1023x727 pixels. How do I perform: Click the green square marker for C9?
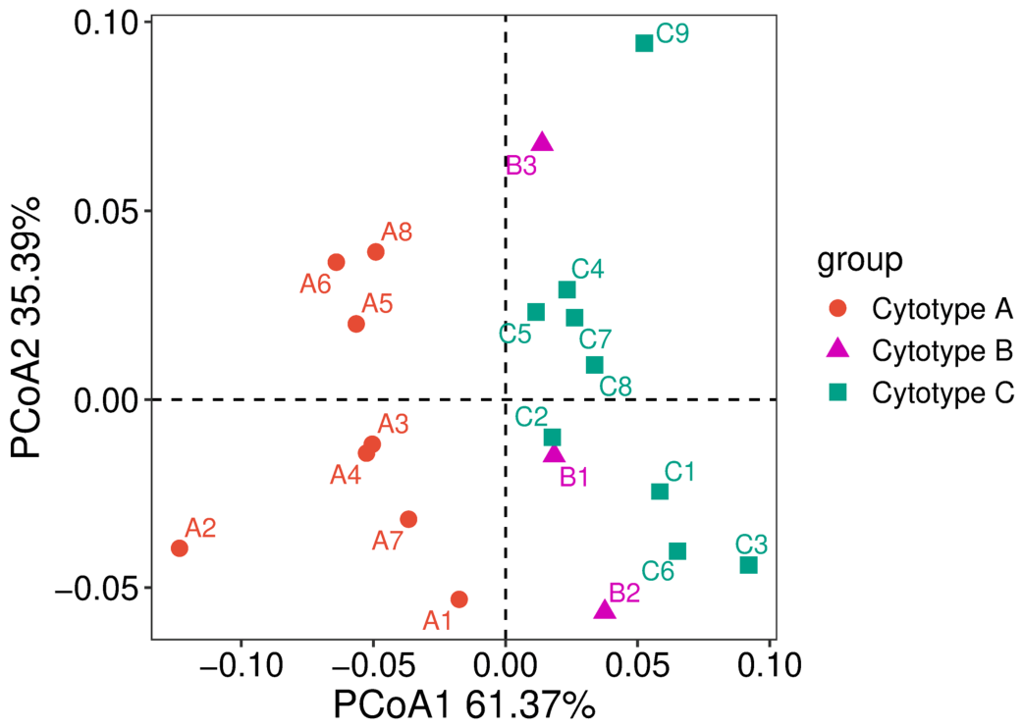pyautogui.click(x=644, y=43)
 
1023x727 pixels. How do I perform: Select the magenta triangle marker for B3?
pyautogui.click(x=542, y=141)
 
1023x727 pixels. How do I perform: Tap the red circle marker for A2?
pyautogui.click(x=180, y=548)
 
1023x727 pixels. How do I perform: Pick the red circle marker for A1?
pyautogui.click(x=459, y=599)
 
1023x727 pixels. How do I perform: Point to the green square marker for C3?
pyautogui.click(x=749, y=565)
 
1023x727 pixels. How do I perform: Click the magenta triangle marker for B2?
pyautogui.click(x=605, y=609)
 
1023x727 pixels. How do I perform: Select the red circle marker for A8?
pyautogui.click(x=376, y=252)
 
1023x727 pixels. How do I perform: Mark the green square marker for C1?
pyautogui.click(x=660, y=491)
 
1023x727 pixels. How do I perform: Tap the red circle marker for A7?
pyautogui.click(x=409, y=519)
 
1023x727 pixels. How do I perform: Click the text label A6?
pyautogui.click(x=316, y=285)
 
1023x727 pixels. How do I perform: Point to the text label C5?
pyautogui.click(x=515, y=335)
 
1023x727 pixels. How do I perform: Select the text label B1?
pyautogui.click(x=574, y=478)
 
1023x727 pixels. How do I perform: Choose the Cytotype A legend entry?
pyautogui.click(x=920, y=309)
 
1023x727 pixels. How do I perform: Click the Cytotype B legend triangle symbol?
pyautogui.click(x=837, y=349)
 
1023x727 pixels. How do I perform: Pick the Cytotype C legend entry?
pyautogui.click(x=921, y=393)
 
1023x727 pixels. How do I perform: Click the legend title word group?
pyautogui.click(x=860, y=261)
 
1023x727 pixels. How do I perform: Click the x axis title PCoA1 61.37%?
pyautogui.click(x=464, y=704)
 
